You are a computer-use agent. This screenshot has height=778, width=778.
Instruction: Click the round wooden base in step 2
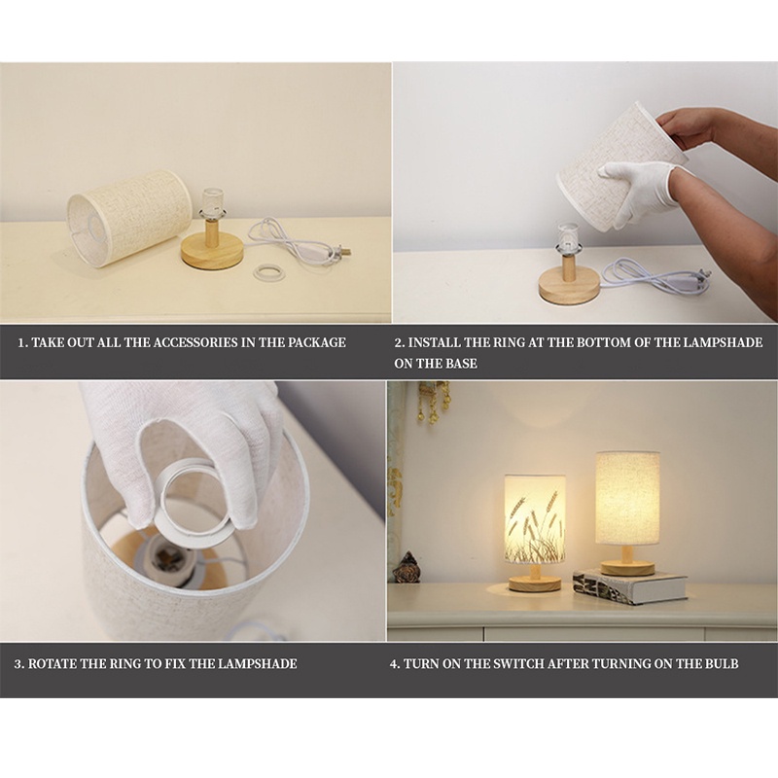(569, 287)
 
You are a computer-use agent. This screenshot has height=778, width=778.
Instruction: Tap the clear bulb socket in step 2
(566, 235)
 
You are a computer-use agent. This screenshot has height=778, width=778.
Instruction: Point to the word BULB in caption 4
(721, 664)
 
